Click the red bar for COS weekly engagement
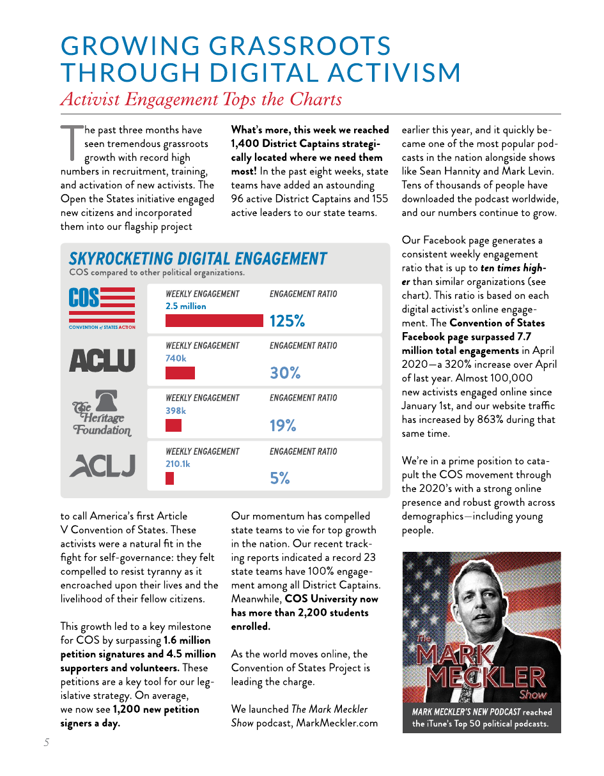[214, 320]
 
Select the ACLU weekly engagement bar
[180, 373]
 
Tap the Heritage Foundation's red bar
[173, 425]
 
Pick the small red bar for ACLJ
[169, 478]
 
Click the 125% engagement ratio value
[287, 321]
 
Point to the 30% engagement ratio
[285, 373]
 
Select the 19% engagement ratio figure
[283, 425]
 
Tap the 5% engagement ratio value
[280, 478]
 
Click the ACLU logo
[102, 361]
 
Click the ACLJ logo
[102, 465]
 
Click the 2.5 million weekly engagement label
[185, 307]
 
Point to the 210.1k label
[178, 464]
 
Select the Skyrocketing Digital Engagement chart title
[197, 259]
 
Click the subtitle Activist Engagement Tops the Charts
[201, 100]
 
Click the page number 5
[47, 742]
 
